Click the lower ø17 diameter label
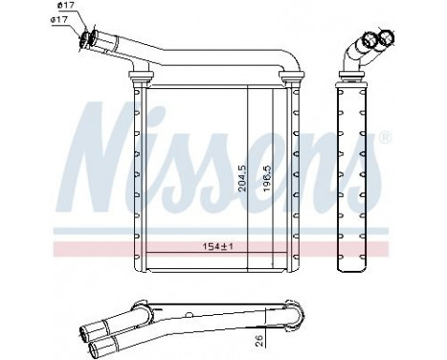(x=59, y=19)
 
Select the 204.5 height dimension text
(x=242, y=178)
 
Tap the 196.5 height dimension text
(x=267, y=178)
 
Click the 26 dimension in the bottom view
(x=259, y=340)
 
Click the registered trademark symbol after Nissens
(x=386, y=137)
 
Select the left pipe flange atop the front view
(x=141, y=75)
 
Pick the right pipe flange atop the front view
(x=291, y=75)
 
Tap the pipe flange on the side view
(x=351, y=75)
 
